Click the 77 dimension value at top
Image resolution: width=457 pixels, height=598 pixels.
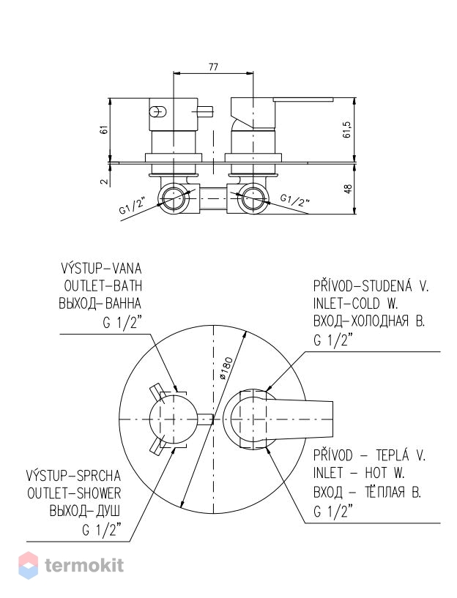(213, 67)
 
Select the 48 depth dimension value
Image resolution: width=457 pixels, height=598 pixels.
(348, 189)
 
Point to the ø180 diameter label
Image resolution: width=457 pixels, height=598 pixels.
(226, 368)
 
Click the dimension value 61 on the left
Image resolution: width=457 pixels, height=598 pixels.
(104, 130)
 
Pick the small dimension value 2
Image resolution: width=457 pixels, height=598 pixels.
(104, 181)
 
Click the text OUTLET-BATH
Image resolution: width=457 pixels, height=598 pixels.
(103, 285)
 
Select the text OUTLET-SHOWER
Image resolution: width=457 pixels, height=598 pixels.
(74, 493)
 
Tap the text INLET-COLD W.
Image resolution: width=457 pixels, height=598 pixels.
(355, 304)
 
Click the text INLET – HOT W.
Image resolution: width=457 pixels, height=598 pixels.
(359, 474)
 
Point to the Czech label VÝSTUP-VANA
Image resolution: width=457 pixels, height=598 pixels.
(101, 268)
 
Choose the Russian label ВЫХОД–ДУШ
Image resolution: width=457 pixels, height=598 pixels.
(85, 511)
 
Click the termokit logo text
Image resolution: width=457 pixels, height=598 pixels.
(84, 565)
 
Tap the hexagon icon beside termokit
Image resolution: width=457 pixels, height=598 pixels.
(29, 566)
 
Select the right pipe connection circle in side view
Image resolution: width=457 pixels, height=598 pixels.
(253, 198)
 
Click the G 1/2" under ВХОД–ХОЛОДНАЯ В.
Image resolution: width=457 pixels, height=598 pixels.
(332, 340)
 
